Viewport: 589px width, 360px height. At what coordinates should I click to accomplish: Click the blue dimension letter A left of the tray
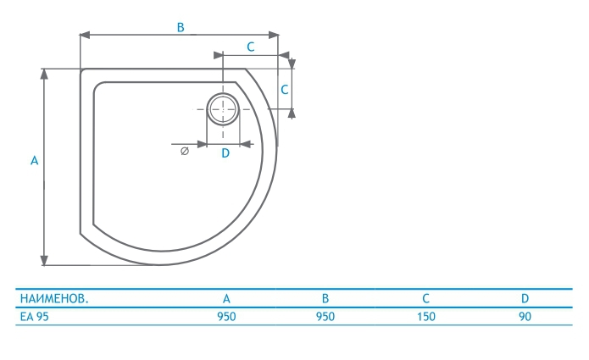(34, 161)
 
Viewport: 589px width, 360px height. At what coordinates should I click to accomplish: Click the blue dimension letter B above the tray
(181, 27)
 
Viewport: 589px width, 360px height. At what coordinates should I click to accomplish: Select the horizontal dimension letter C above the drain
(251, 47)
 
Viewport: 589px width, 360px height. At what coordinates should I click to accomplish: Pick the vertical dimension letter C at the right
(285, 90)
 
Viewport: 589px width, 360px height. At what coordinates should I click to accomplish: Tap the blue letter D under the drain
(225, 153)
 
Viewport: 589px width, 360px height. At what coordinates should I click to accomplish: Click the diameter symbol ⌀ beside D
(185, 151)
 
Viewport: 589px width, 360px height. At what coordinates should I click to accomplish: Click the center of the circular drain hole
(223, 109)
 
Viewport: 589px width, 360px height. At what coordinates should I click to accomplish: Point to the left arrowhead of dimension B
(85, 36)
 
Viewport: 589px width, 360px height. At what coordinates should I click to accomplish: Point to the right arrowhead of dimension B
(274, 36)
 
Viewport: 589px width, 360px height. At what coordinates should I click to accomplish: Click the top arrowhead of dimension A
(44, 74)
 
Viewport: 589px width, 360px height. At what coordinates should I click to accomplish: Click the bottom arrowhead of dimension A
(44, 260)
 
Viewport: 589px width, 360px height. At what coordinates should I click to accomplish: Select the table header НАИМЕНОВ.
(54, 299)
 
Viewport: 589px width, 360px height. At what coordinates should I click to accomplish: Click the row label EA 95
(34, 317)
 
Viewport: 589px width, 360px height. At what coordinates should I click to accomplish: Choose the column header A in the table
(226, 299)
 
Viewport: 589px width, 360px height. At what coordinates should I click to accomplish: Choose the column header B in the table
(325, 299)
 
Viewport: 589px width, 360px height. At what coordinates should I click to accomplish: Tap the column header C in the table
(425, 299)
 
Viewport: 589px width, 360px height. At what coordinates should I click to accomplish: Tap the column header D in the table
(525, 299)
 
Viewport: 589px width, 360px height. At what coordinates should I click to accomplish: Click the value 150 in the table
(426, 317)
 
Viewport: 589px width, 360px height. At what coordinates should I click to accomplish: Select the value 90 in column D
(525, 317)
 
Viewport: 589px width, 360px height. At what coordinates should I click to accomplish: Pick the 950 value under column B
(325, 317)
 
